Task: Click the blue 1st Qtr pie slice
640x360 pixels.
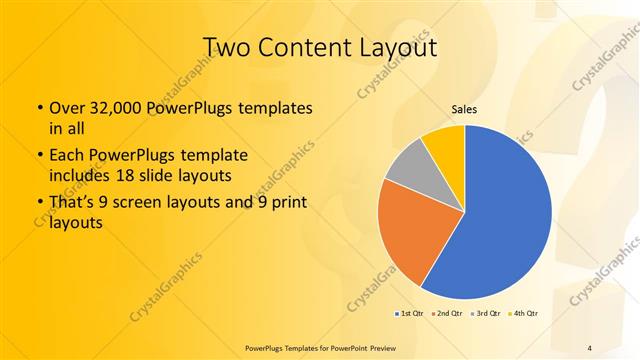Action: (x=505, y=220)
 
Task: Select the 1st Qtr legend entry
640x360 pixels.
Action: (x=409, y=313)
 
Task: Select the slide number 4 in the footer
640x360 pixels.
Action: (x=590, y=347)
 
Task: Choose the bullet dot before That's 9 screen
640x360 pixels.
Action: (x=38, y=204)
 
